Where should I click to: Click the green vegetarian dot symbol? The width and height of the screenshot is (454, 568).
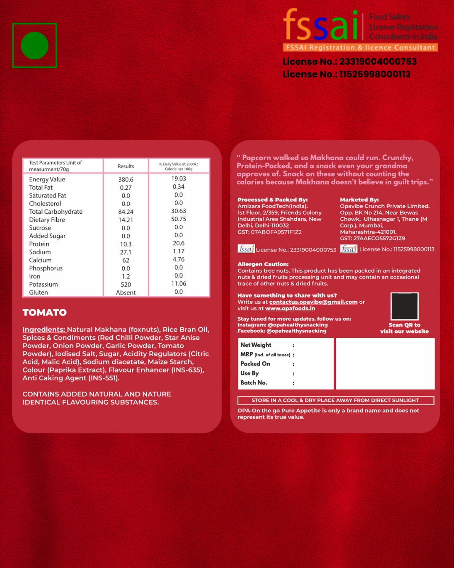tap(34, 45)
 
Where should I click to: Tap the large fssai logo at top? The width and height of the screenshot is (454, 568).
tap(322, 26)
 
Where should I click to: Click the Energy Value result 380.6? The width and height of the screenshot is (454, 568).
tap(126, 180)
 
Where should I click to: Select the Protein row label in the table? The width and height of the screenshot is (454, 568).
tap(39, 244)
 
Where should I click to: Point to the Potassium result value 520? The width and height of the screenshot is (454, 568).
tap(126, 284)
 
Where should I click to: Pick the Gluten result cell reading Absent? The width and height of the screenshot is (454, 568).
tap(126, 292)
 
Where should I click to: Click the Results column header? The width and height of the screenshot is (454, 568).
tap(126, 166)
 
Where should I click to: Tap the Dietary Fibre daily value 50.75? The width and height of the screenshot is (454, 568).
tap(179, 219)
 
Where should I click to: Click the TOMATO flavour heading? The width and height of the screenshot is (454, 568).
tap(45, 313)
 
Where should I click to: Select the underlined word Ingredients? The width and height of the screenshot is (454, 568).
tap(44, 329)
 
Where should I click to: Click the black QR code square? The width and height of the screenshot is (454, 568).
tap(404, 306)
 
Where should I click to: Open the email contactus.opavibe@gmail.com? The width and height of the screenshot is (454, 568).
tap(313, 302)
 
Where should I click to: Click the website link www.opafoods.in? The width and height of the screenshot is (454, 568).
tap(290, 308)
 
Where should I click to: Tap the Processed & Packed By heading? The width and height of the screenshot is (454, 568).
tap(272, 200)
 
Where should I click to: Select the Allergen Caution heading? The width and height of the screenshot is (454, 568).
tap(263, 264)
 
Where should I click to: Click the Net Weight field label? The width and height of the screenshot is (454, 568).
tap(256, 345)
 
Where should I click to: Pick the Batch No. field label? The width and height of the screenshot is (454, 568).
tap(253, 382)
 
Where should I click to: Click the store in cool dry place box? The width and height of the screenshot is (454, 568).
tap(335, 401)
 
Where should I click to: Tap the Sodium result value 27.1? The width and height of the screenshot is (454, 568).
tap(126, 252)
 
